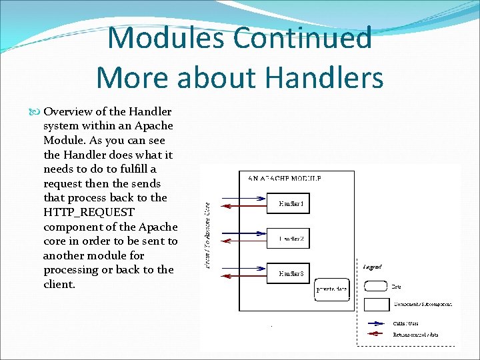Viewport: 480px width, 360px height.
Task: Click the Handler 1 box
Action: click(289, 203)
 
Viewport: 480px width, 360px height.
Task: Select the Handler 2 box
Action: click(289, 238)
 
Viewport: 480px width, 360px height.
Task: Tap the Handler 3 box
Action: click(289, 273)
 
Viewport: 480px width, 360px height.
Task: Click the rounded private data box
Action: click(331, 289)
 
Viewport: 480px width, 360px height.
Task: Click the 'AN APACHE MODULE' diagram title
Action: click(284, 179)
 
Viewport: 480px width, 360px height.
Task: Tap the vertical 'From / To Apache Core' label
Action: click(207, 236)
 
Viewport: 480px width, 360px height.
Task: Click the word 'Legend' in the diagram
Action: click(373, 267)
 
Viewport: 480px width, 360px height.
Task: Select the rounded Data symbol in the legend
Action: click(377, 286)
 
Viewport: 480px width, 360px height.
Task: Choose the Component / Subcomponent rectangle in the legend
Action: click(377, 304)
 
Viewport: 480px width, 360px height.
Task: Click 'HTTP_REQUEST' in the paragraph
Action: click(89, 212)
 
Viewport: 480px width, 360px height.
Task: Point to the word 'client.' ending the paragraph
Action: click(59, 284)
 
